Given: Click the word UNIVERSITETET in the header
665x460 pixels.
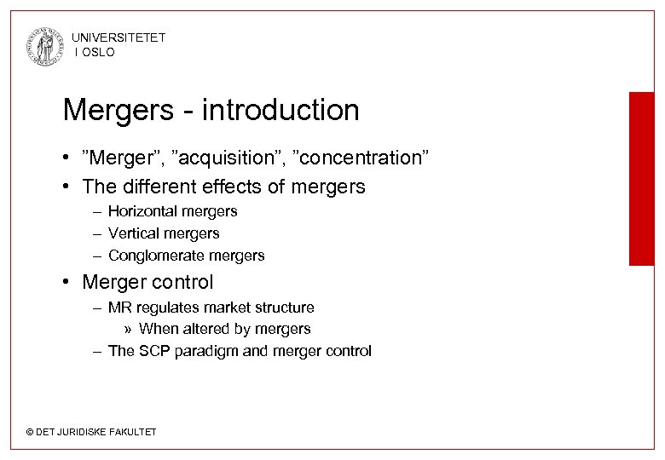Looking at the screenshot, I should tap(119, 37).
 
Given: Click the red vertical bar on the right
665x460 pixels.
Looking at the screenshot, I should tap(641, 179).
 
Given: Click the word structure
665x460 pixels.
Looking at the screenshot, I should tap(284, 308).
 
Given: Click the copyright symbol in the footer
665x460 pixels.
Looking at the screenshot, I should tap(30, 433).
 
